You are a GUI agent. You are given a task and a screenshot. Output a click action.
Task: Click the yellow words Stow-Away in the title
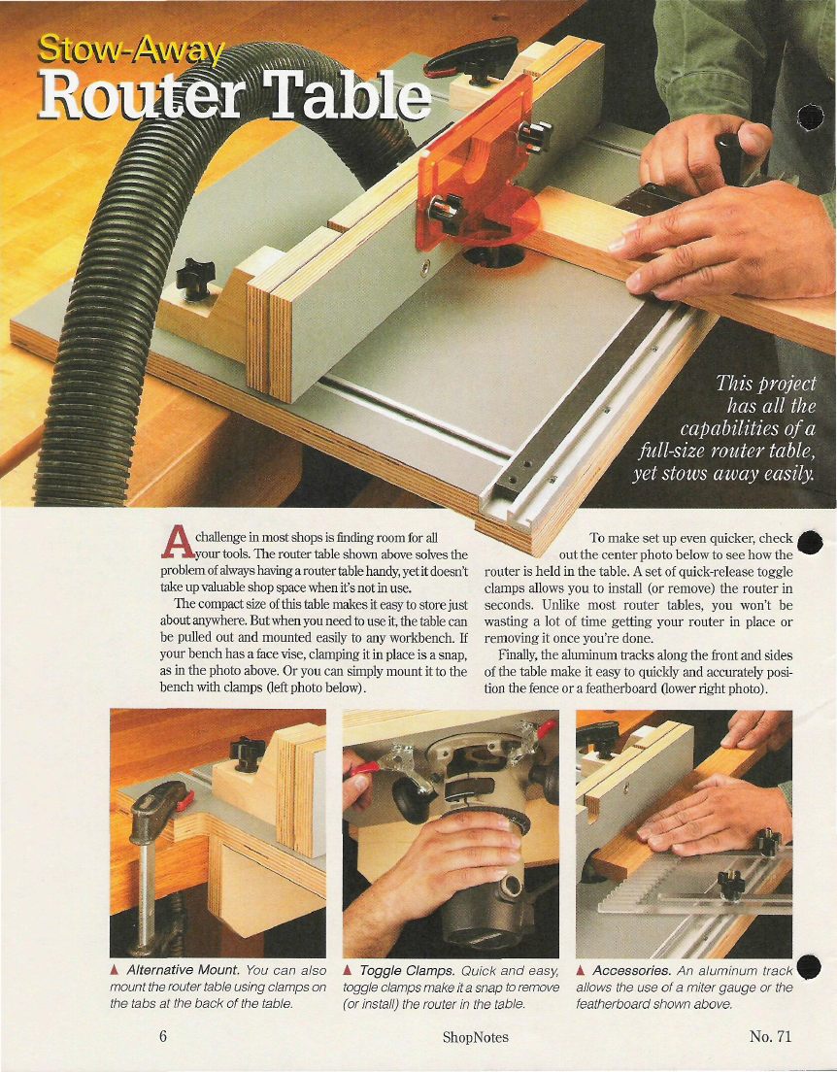click(x=131, y=50)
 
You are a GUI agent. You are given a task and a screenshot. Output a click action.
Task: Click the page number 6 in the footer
click(x=163, y=1036)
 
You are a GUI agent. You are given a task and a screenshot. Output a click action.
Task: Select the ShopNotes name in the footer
click(x=475, y=1037)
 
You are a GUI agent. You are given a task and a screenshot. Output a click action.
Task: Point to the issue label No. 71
click(x=770, y=1036)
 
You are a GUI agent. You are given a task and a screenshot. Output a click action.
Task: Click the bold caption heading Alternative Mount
click(x=183, y=970)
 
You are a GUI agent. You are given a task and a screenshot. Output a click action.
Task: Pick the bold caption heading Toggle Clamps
click(x=407, y=971)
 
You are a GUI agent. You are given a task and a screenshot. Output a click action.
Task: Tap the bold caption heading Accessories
click(x=632, y=970)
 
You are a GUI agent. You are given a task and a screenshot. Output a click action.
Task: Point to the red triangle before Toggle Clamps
click(x=348, y=970)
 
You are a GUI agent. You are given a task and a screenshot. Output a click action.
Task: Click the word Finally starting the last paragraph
click(x=517, y=655)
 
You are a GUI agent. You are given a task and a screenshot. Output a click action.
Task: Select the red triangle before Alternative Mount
click(x=115, y=970)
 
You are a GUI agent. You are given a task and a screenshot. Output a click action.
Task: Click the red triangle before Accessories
click(x=581, y=970)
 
